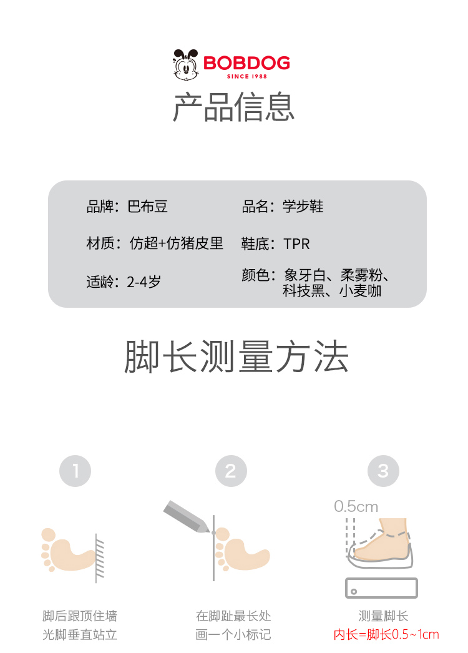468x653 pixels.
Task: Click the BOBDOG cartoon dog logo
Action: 186,64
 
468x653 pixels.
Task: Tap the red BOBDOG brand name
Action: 246,63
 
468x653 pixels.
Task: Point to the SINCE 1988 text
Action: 247,76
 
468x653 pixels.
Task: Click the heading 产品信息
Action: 233,107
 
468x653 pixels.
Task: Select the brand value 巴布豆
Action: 147,206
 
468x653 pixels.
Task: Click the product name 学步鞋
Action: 303,206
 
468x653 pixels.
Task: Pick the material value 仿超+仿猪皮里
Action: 177,243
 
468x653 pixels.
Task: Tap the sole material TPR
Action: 296,244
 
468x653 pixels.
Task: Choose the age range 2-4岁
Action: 144,282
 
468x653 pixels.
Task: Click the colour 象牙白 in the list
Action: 305,275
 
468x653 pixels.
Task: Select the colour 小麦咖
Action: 360,291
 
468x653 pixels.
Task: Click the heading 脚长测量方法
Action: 236,356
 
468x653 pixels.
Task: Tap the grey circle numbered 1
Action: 76,471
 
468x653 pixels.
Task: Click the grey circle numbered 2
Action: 231,471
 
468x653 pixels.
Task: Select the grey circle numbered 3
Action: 384,471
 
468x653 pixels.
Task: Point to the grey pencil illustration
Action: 187,516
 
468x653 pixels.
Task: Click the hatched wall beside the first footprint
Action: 99,558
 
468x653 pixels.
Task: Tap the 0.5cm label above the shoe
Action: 356,506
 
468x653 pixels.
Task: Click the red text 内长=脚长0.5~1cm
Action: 386,634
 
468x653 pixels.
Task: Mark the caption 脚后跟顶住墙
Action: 80,616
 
